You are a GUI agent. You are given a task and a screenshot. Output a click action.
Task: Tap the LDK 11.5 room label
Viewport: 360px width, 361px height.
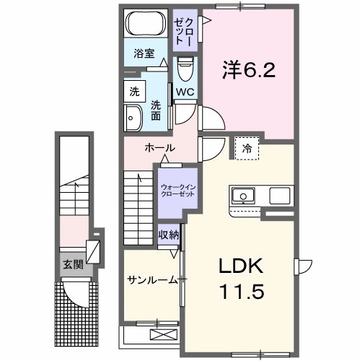tap(242, 279)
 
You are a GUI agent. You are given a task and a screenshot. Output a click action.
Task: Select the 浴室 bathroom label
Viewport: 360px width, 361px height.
tap(144, 53)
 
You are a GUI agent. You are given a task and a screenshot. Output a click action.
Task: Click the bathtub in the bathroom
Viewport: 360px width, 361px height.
tap(144, 24)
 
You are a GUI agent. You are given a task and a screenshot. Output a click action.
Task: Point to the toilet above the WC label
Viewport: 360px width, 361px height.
tap(184, 70)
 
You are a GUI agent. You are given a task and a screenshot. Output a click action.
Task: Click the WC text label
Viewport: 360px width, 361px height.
tap(184, 92)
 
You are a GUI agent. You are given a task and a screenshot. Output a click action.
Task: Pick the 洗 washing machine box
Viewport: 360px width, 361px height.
tap(135, 92)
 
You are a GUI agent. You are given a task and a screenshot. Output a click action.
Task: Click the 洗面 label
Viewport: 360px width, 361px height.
tap(156, 110)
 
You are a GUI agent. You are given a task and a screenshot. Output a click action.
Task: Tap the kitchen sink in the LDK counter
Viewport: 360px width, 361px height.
tap(242, 195)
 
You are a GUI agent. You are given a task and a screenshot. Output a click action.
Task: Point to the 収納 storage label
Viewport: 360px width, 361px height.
tap(170, 235)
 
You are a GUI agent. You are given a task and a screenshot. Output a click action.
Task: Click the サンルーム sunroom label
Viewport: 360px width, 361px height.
tap(152, 280)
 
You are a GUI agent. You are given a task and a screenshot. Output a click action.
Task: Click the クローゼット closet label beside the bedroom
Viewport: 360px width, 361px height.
tap(184, 29)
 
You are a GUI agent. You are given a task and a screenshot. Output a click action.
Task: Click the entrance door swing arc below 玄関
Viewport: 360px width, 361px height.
tap(76, 292)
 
